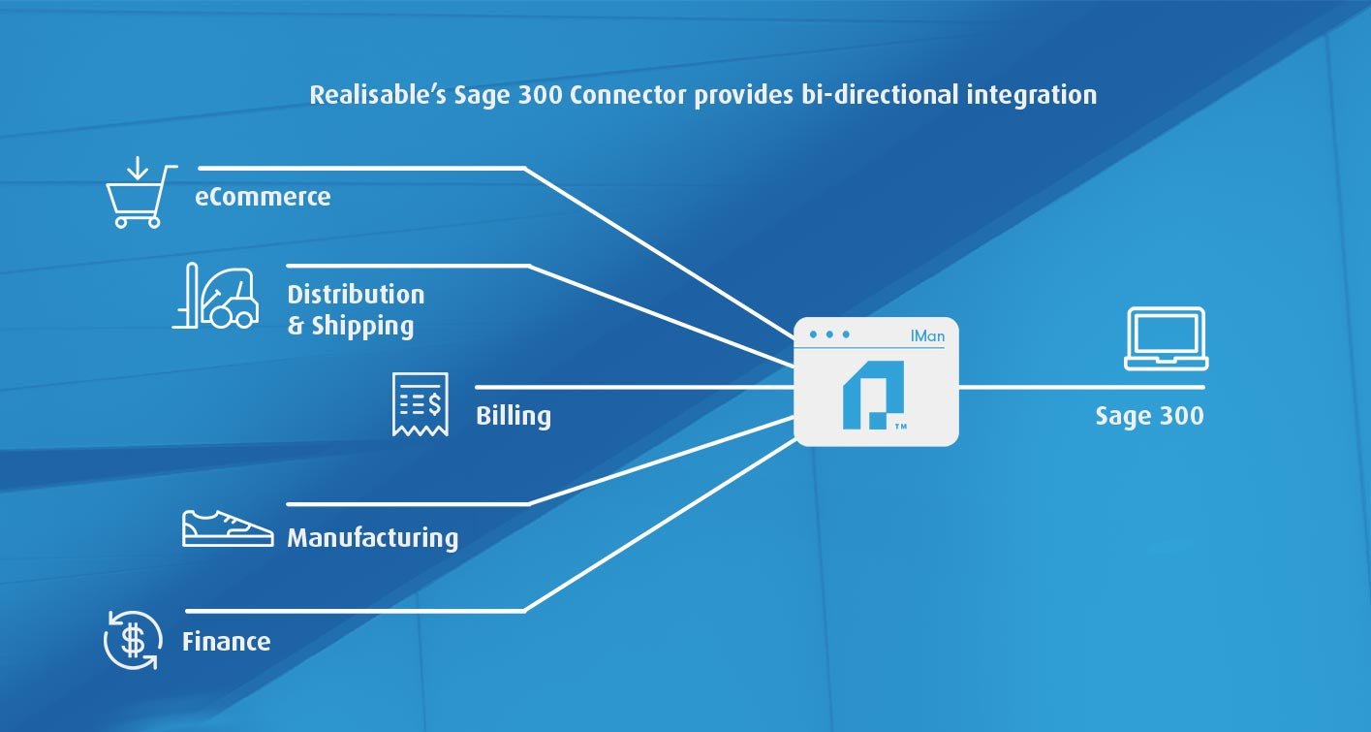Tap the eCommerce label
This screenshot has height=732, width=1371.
click(x=263, y=197)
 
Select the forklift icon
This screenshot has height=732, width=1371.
click(x=215, y=296)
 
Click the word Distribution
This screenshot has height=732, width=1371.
click(x=356, y=295)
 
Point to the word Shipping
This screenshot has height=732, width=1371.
click(x=363, y=327)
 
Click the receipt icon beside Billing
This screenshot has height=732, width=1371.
click(x=420, y=404)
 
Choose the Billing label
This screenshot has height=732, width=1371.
click(x=514, y=416)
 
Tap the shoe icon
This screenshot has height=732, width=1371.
click(x=228, y=528)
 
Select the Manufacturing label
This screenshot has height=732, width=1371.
click(x=373, y=538)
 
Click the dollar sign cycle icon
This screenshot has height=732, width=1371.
click(x=133, y=640)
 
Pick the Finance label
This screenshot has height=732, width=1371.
click(x=227, y=642)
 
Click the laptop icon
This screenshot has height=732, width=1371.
click(x=1166, y=338)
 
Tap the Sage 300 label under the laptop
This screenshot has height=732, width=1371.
click(x=1149, y=416)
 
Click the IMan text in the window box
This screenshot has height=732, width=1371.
click(x=927, y=335)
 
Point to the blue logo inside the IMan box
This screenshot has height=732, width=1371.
click(x=873, y=395)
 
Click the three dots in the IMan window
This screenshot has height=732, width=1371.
click(x=829, y=334)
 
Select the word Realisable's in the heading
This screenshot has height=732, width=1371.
click(x=378, y=95)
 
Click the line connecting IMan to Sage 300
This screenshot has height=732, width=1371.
click(x=1081, y=387)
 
